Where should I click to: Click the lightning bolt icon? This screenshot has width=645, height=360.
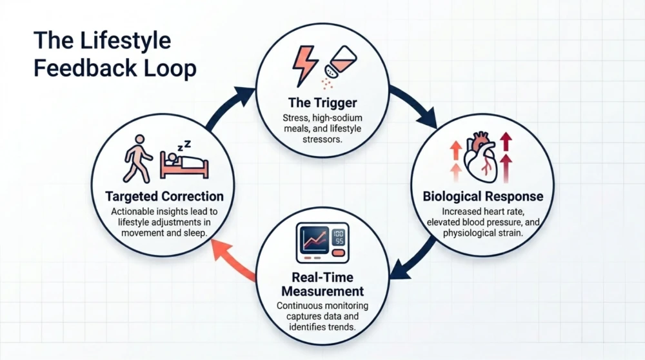tap(305, 65)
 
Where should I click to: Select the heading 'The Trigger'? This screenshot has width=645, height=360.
tap(322, 102)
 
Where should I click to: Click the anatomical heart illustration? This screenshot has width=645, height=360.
tap(482, 157)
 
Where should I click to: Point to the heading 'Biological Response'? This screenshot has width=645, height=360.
tap(483, 196)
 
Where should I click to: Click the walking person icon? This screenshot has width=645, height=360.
tap(138, 159)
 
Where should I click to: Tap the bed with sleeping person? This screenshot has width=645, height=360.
tap(184, 165)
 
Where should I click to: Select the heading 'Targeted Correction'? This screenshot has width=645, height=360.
tap(164, 196)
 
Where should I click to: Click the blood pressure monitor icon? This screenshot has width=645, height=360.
tap(322, 243)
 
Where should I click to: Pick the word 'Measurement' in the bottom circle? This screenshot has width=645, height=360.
tap(322, 292)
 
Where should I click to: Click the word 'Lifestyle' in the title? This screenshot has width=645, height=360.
tap(125, 41)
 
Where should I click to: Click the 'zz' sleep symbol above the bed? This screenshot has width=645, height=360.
tap(184, 146)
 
